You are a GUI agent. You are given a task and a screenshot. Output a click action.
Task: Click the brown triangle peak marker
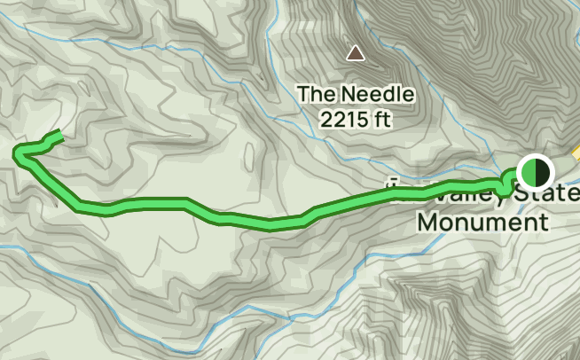point(356,53)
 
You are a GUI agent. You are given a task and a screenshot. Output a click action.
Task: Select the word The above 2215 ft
point(313,93)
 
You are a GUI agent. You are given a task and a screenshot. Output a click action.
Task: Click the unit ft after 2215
point(382,117)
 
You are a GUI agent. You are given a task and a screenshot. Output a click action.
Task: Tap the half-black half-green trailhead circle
point(534,171)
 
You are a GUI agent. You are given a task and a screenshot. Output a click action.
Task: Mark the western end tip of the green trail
point(59,134)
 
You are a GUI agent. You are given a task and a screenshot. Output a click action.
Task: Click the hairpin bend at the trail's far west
point(19,156)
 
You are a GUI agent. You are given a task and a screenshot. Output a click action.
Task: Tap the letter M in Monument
point(427,221)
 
